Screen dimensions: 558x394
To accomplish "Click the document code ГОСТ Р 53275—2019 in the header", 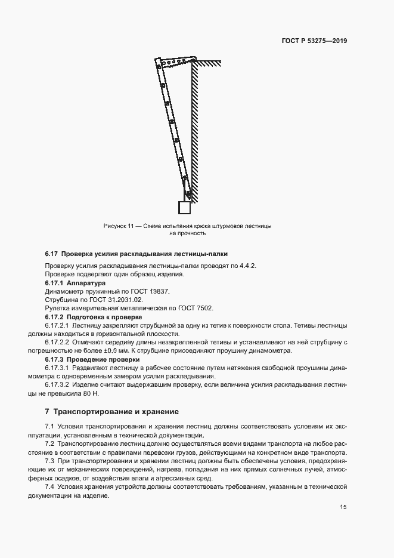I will tap(314, 41).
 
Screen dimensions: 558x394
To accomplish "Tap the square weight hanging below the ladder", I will tap(184, 207).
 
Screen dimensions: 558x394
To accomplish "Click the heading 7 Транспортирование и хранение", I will tap(111, 412).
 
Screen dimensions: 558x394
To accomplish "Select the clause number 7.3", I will tap(50, 462).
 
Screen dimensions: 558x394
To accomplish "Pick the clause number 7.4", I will tap(50, 487).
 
